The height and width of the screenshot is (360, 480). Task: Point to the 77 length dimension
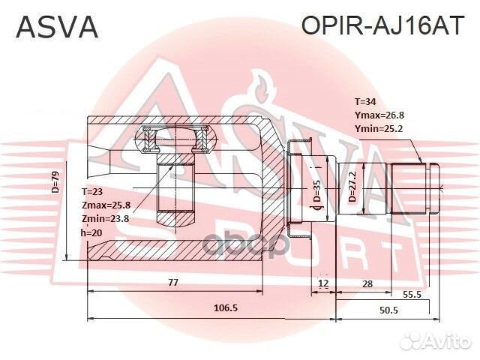172,283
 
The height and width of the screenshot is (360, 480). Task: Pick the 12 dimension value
322,283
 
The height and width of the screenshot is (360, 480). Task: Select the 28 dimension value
367,283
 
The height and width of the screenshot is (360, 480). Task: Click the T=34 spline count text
368,100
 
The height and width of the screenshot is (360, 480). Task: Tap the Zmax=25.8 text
106,205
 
